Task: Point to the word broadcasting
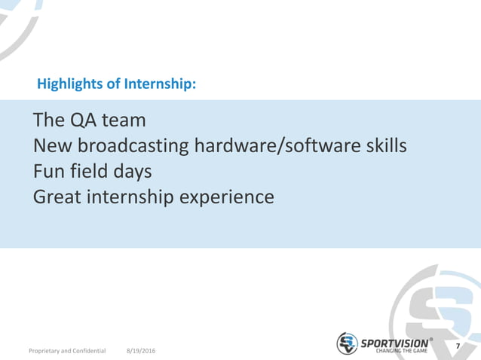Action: (x=130, y=146)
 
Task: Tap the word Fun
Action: (x=47, y=172)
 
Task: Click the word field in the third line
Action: (x=88, y=172)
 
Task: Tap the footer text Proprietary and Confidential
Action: (x=67, y=351)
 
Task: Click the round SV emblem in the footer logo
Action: (x=348, y=343)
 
